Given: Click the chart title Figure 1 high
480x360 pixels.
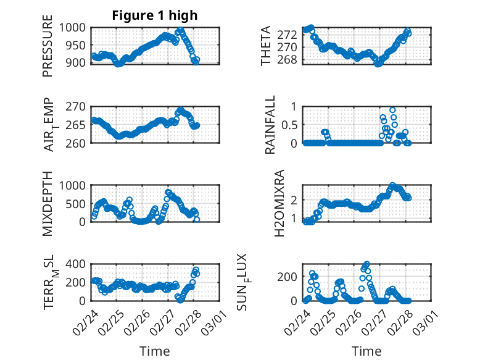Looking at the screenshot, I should click(x=155, y=15).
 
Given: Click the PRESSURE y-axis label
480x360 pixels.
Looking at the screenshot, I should click(x=48, y=46).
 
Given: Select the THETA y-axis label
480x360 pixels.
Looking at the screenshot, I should click(x=266, y=46).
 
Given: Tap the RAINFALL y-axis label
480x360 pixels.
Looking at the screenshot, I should click(x=270, y=125).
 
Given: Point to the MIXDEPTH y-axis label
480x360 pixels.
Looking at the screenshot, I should click(x=48, y=204).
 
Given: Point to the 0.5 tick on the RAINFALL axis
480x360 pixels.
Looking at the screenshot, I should click(x=290, y=125).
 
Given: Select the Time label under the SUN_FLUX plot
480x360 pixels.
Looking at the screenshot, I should click(x=366, y=351).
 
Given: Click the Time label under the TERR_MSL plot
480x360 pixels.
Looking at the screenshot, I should click(x=155, y=351).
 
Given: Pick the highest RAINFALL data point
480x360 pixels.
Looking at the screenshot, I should click(x=392, y=111).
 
